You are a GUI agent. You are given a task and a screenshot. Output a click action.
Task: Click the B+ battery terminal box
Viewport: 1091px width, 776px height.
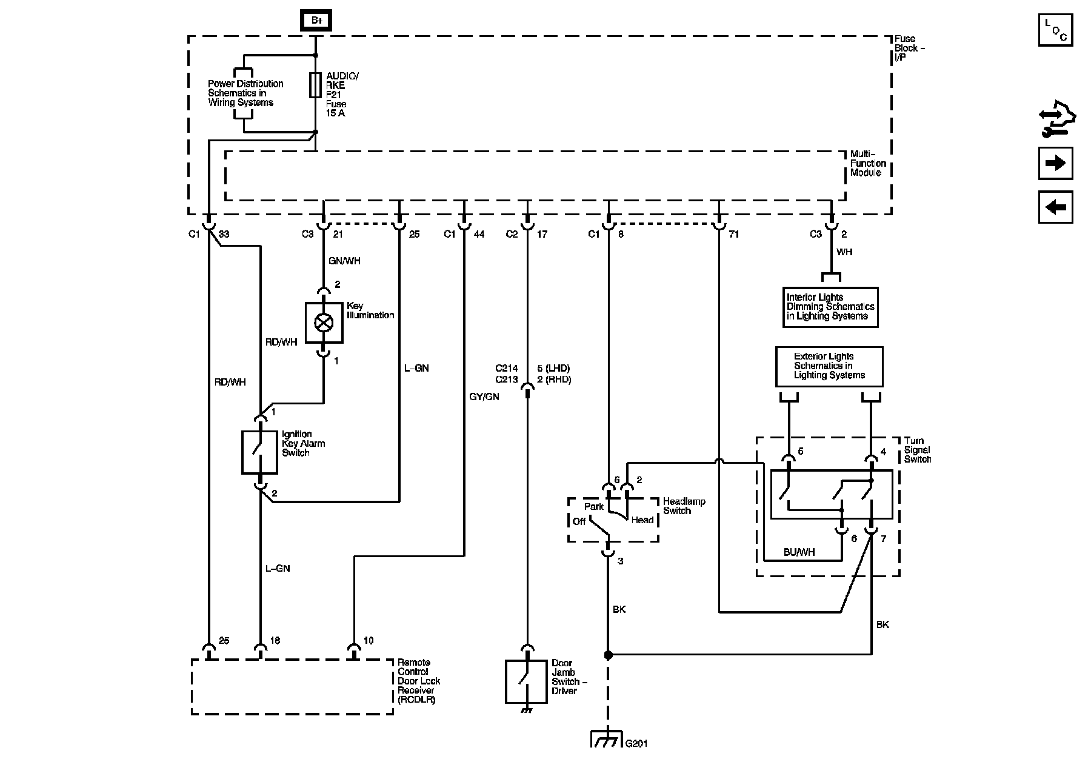point(316,21)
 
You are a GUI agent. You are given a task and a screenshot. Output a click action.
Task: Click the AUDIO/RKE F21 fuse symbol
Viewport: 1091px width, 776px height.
point(315,85)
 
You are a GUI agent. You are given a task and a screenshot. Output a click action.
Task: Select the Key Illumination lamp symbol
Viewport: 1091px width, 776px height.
point(324,323)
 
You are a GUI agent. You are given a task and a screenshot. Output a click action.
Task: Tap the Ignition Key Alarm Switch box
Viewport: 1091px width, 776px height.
point(259,452)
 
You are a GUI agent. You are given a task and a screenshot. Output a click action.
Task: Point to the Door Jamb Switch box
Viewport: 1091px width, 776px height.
point(526,681)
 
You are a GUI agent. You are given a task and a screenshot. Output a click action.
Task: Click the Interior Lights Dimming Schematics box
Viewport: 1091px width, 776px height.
point(830,307)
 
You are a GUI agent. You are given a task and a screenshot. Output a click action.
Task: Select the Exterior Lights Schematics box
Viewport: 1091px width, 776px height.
point(829,366)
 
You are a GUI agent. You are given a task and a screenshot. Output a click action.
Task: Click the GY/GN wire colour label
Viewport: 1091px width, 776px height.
point(484,396)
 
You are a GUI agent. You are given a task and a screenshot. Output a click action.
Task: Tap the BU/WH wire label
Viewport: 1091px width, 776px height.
point(799,552)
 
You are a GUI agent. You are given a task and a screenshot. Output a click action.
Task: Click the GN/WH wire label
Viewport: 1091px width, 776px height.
point(344,261)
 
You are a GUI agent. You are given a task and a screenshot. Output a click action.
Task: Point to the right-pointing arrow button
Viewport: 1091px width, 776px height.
point(1055,163)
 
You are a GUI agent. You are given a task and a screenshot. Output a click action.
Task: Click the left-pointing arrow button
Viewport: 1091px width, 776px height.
point(1055,207)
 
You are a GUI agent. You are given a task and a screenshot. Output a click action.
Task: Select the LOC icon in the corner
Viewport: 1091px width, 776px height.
point(1055,30)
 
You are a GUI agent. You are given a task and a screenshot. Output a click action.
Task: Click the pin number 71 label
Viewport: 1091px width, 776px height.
point(733,234)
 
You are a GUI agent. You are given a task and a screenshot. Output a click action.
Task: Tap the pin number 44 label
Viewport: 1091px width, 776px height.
point(479,234)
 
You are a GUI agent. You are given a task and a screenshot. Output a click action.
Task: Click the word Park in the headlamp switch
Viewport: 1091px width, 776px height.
point(594,506)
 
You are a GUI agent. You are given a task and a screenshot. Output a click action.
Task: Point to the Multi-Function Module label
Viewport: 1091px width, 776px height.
point(868,163)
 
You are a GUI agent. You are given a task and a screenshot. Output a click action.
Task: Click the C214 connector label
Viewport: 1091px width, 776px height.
point(507,368)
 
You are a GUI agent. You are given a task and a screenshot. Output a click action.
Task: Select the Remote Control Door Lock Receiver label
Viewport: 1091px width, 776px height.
point(419,681)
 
